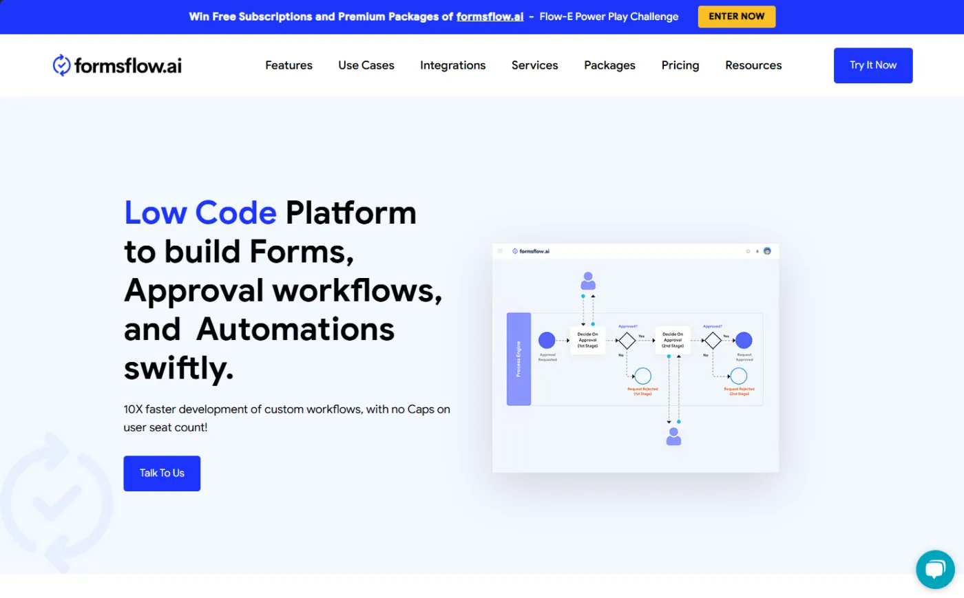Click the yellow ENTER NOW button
pyautogui.click(x=736, y=17)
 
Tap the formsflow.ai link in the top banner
pyautogui.click(x=490, y=17)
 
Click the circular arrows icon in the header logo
pyautogui.click(x=61, y=65)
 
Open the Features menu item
pyautogui.click(x=289, y=65)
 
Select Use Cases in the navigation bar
pyautogui.click(x=366, y=65)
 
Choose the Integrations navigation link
pyautogui.click(x=452, y=65)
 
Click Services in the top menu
pyautogui.click(x=534, y=65)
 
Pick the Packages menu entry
pyautogui.click(x=609, y=65)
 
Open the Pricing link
pyautogui.click(x=680, y=65)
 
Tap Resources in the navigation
pyautogui.click(x=753, y=65)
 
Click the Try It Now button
pyautogui.click(x=872, y=65)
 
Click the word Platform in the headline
pyautogui.click(x=350, y=213)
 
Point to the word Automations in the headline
pyautogui.click(x=295, y=329)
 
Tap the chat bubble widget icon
pyautogui.click(x=934, y=569)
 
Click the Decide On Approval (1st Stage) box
pyautogui.click(x=587, y=340)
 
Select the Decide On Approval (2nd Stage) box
pyautogui.click(x=672, y=340)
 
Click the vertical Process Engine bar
pyautogui.click(x=518, y=359)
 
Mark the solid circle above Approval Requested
pyautogui.click(x=547, y=340)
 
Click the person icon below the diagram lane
pyautogui.click(x=673, y=436)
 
